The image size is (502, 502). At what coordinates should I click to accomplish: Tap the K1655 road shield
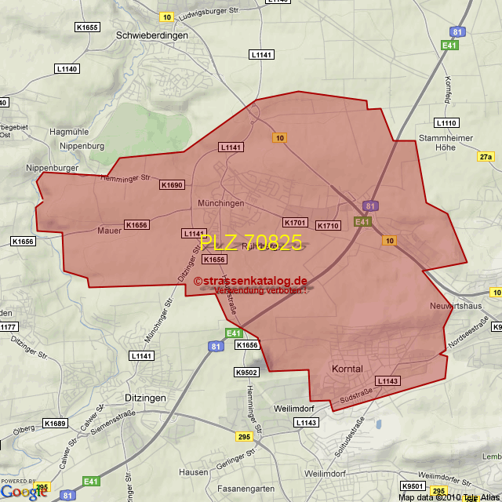click(87, 27)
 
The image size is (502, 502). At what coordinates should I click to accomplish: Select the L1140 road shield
click(67, 69)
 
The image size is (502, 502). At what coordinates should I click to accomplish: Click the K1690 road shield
click(172, 185)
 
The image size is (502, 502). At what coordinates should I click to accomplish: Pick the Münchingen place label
click(221, 203)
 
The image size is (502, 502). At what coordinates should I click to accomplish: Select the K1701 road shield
click(295, 223)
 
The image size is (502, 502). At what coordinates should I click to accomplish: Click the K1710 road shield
click(329, 226)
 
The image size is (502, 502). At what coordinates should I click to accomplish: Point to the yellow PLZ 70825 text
click(251, 243)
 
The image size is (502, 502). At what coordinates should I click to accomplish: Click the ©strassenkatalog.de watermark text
click(250, 280)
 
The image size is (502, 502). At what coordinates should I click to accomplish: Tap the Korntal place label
click(347, 369)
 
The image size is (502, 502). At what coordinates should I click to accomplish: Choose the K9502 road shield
click(246, 373)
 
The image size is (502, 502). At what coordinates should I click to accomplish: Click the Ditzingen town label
click(146, 398)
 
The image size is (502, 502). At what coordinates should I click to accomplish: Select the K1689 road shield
click(55, 424)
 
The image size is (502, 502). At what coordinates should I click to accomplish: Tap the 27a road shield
click(486, 157)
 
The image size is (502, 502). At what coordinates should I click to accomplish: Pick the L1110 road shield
click(447, 123)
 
